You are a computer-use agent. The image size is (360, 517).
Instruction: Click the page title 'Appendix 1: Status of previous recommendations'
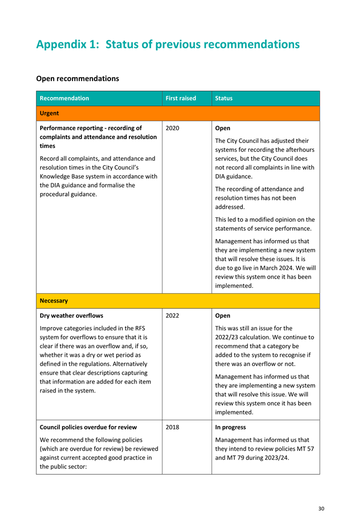pos(167,44)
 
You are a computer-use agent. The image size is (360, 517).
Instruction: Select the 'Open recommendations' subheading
pos(77,79)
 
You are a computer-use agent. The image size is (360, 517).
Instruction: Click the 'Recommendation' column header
pos(64,98)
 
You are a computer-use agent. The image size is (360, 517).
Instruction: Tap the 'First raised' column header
pos(181,98)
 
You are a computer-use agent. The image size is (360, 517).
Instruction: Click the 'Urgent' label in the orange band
pos(49,113)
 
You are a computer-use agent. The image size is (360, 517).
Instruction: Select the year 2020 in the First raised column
pos(172,128)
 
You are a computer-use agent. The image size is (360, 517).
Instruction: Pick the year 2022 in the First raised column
pos(172,315)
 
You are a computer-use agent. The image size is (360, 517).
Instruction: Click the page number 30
pos(321,508)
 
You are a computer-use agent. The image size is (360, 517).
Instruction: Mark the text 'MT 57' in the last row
pos(304,449)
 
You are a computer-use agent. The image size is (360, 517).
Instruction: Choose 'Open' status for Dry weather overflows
pos(223,315)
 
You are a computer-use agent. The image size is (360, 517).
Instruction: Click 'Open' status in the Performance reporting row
pos(223,128)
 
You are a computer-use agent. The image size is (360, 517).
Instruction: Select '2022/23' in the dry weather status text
pos(228,337)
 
